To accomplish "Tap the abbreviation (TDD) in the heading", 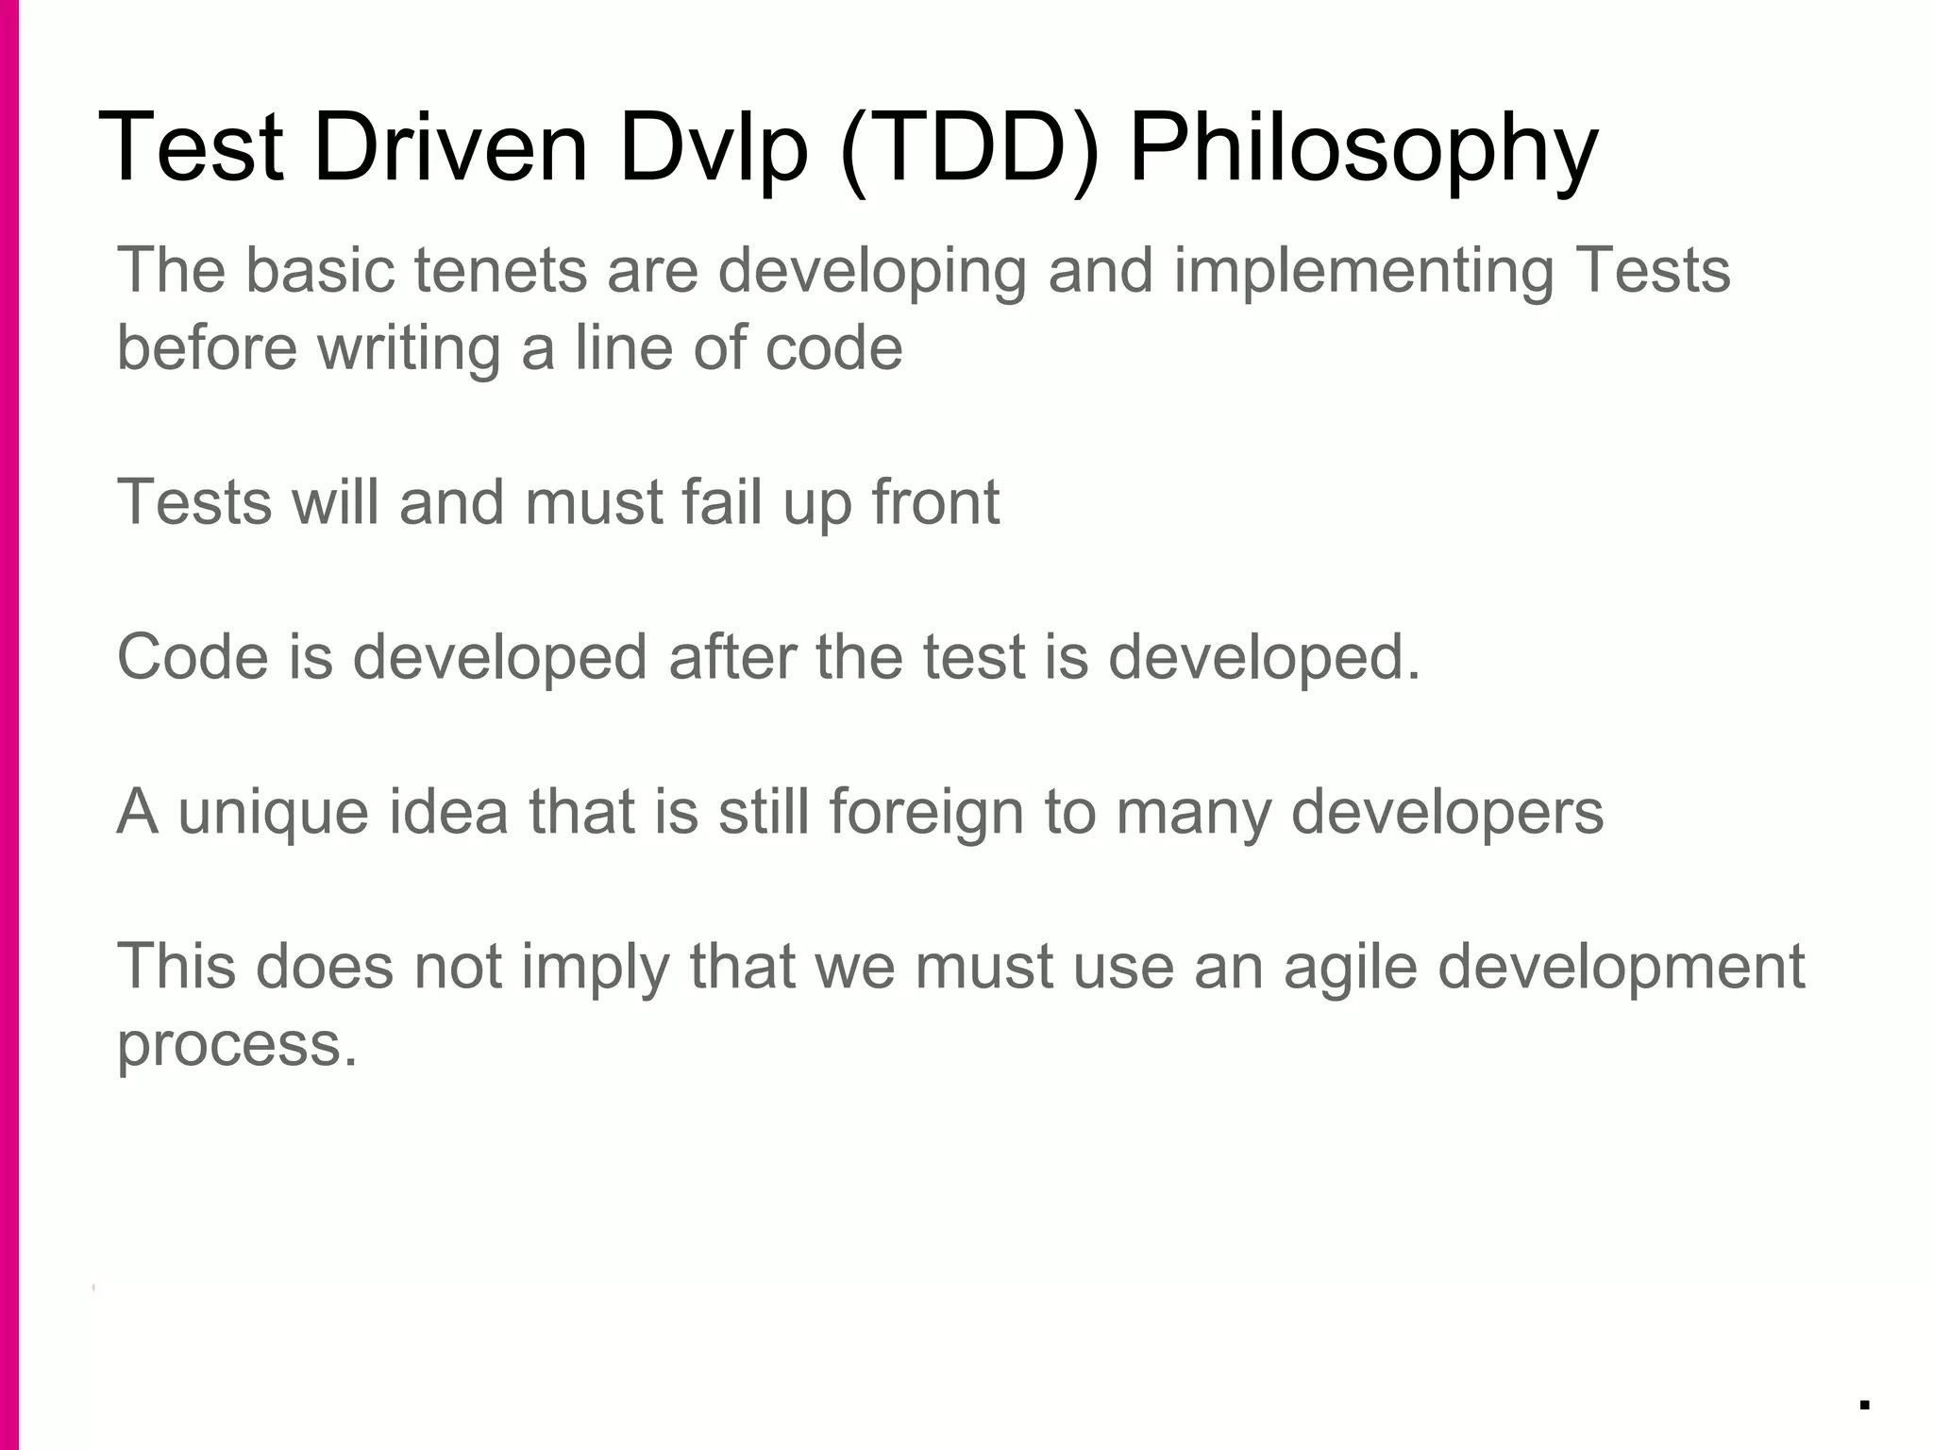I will pos(968,149).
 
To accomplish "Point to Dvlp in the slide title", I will pos(714,149).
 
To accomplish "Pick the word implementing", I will pos(1363,272).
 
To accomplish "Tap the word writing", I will pos(408,348).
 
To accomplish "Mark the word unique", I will pos(273,812).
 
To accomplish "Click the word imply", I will pos(595,969).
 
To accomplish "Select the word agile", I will pos(1350,969).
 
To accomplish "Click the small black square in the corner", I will pos(1864,1405).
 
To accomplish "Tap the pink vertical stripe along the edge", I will pos(8,725).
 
